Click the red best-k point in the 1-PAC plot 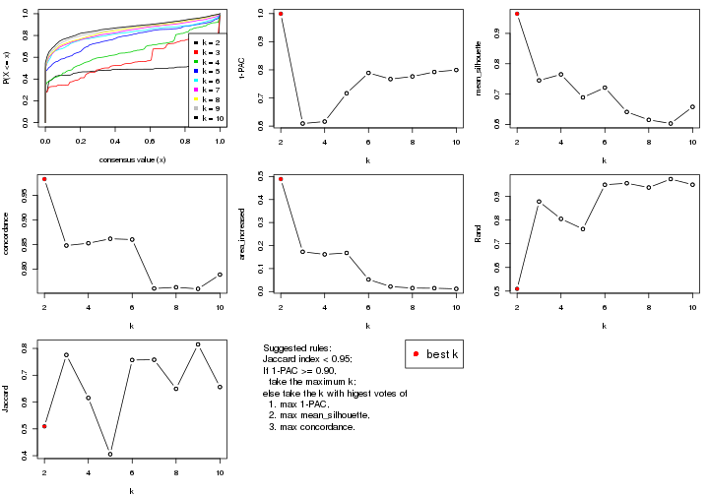[x=281, y=14]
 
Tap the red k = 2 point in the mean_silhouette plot [x=517, y=14]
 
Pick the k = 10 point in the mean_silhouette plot [x=692, y=106]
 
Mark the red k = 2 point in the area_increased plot [x=281, y=179]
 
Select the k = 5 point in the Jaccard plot [x=110, y=454]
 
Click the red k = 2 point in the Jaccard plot [x=44, y=426]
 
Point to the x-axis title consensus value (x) [x=132, y=160]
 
